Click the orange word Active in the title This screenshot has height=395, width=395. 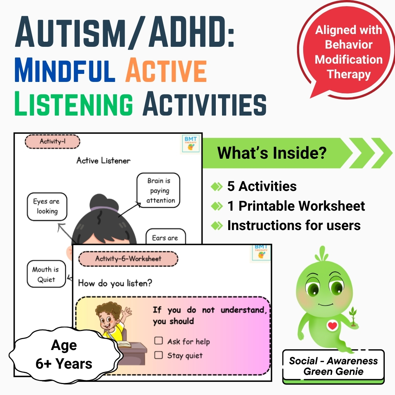pos(166,70)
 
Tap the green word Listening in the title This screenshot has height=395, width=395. pos(74,104)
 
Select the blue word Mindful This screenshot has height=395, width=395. pos(65,70)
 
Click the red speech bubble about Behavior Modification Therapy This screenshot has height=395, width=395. pos(346,50)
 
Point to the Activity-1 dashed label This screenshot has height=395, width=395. pos(52,141)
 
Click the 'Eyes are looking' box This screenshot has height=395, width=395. pos(47,207)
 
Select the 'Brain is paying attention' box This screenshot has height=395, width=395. pos(158,191)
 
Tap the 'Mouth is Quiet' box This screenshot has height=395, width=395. pos(46,274)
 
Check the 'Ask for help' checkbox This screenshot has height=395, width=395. pos(158,341)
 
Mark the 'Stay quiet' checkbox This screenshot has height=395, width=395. pos(158,355)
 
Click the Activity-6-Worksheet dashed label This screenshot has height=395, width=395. pos(128,259)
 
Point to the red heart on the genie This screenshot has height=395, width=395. pos(332,326)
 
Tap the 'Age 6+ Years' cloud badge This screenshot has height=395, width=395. pos(64,354)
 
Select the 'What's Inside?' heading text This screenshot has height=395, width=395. pos(272,153)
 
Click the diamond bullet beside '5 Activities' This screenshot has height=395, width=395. pos(217,187)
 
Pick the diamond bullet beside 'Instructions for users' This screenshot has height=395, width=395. pos(217,225)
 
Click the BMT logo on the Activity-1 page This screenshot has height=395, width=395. pos(191,144)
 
